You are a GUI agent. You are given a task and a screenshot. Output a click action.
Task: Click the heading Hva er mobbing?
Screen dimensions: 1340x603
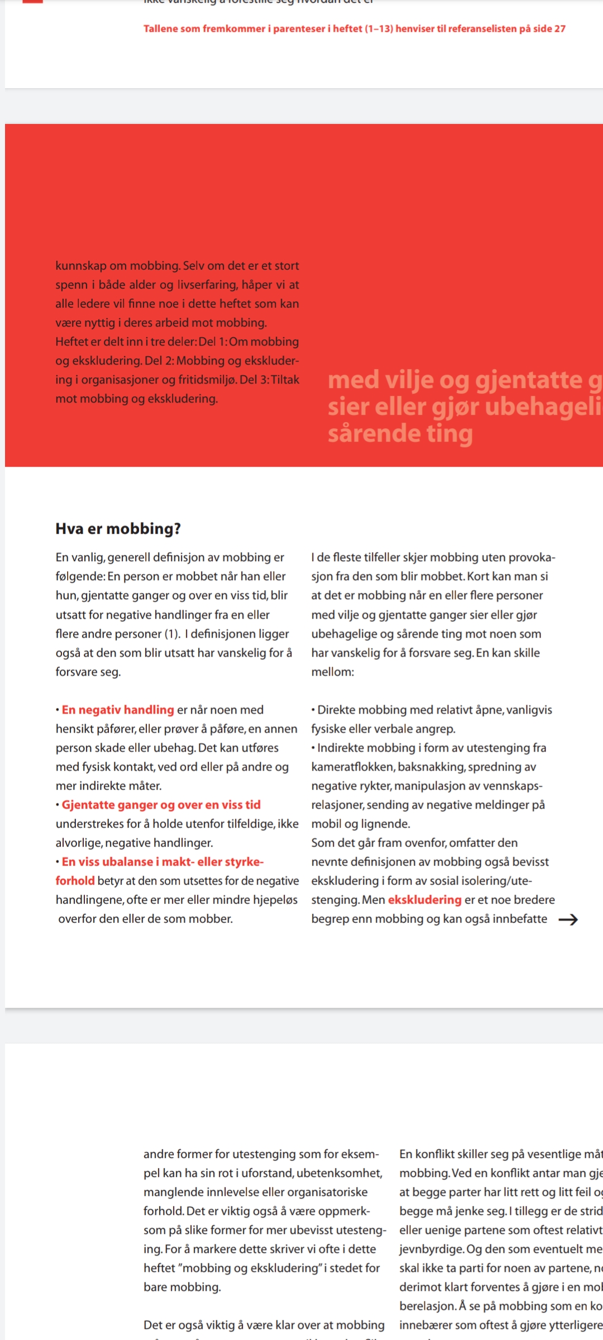pos(118,529)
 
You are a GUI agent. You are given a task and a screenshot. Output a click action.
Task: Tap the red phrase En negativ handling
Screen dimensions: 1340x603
pos(118,710)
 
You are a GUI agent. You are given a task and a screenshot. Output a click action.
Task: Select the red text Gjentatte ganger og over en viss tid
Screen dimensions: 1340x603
pos(161,805)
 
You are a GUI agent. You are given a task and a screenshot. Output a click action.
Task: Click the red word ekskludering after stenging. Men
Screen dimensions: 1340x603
pos(424,899)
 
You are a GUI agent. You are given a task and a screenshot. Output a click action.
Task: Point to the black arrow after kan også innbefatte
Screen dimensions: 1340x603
pos(568,920)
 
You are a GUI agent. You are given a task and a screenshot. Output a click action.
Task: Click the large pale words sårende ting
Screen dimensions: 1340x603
pos(400,434)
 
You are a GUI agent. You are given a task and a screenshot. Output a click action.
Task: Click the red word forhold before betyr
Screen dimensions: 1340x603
pos(75,880)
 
